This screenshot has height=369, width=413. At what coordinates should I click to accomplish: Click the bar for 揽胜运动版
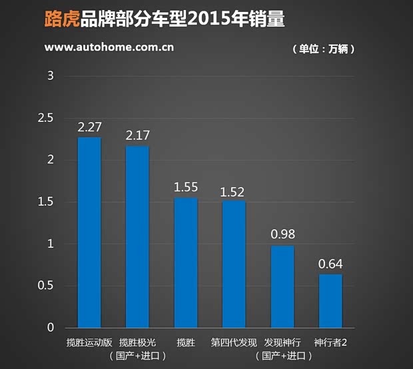pos(89,232)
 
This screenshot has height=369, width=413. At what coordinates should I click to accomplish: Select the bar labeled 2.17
pos(137,236)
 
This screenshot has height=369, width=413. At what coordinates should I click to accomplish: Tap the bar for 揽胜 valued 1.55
pos(186,262)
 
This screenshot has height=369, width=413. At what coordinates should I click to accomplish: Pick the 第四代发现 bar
pos(234,264)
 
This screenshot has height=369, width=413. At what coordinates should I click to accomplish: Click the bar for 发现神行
pos(282,286)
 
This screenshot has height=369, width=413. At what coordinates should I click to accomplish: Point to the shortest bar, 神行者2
pos(330,300)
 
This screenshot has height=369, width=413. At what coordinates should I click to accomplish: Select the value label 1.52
pos(234,191)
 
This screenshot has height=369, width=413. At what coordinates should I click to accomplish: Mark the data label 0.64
pos(330,264)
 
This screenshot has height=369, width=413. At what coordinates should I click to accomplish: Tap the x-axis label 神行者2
pos(331,342)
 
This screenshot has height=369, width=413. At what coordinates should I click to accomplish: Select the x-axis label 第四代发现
pos(234,342)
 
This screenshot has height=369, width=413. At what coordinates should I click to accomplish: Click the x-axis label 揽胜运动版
pos(89,342)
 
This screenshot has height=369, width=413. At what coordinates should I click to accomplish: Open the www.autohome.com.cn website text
pos(109,48)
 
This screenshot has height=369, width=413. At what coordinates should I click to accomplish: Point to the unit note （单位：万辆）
pos(323,49)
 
